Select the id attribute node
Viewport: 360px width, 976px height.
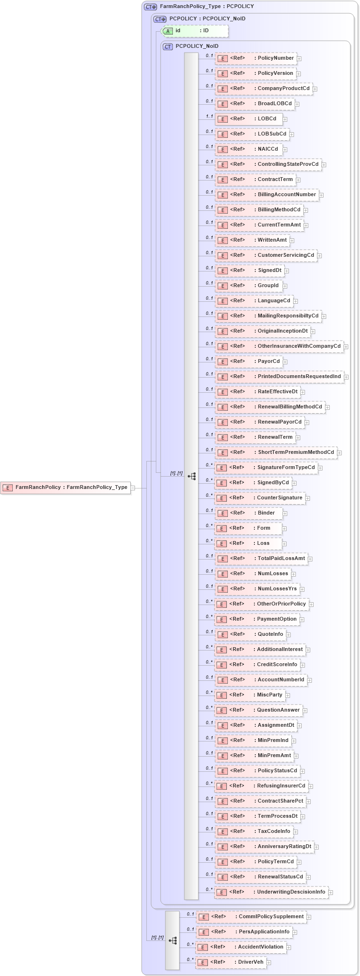[x=195, y=31]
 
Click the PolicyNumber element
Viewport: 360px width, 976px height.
[x=256, y=58]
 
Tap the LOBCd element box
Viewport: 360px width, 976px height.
[x=249, y=119]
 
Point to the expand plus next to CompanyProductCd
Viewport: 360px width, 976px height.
[x=315, y=89]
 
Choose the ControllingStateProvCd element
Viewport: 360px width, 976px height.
[x=268, y=164]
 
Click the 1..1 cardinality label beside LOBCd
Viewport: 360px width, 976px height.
[x=209, y=116]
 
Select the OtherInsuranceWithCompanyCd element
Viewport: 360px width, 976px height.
[x=279, y=346]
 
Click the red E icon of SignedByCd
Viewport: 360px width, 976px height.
[x=221, y=483]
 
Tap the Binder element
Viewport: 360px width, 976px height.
[x=249, y=513]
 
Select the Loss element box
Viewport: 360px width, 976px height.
[x=248, y=543]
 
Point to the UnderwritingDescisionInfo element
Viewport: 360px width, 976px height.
[x=271, y=892]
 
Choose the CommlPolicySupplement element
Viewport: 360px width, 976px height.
[x=252, y=917]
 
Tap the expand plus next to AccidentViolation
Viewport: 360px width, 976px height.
[x=289, y=948]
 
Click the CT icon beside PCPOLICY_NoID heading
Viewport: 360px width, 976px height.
[x=168, y=46]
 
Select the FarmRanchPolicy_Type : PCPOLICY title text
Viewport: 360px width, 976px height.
[x=207, y=7]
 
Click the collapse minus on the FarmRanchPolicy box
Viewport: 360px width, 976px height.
[x=133, y=488]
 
